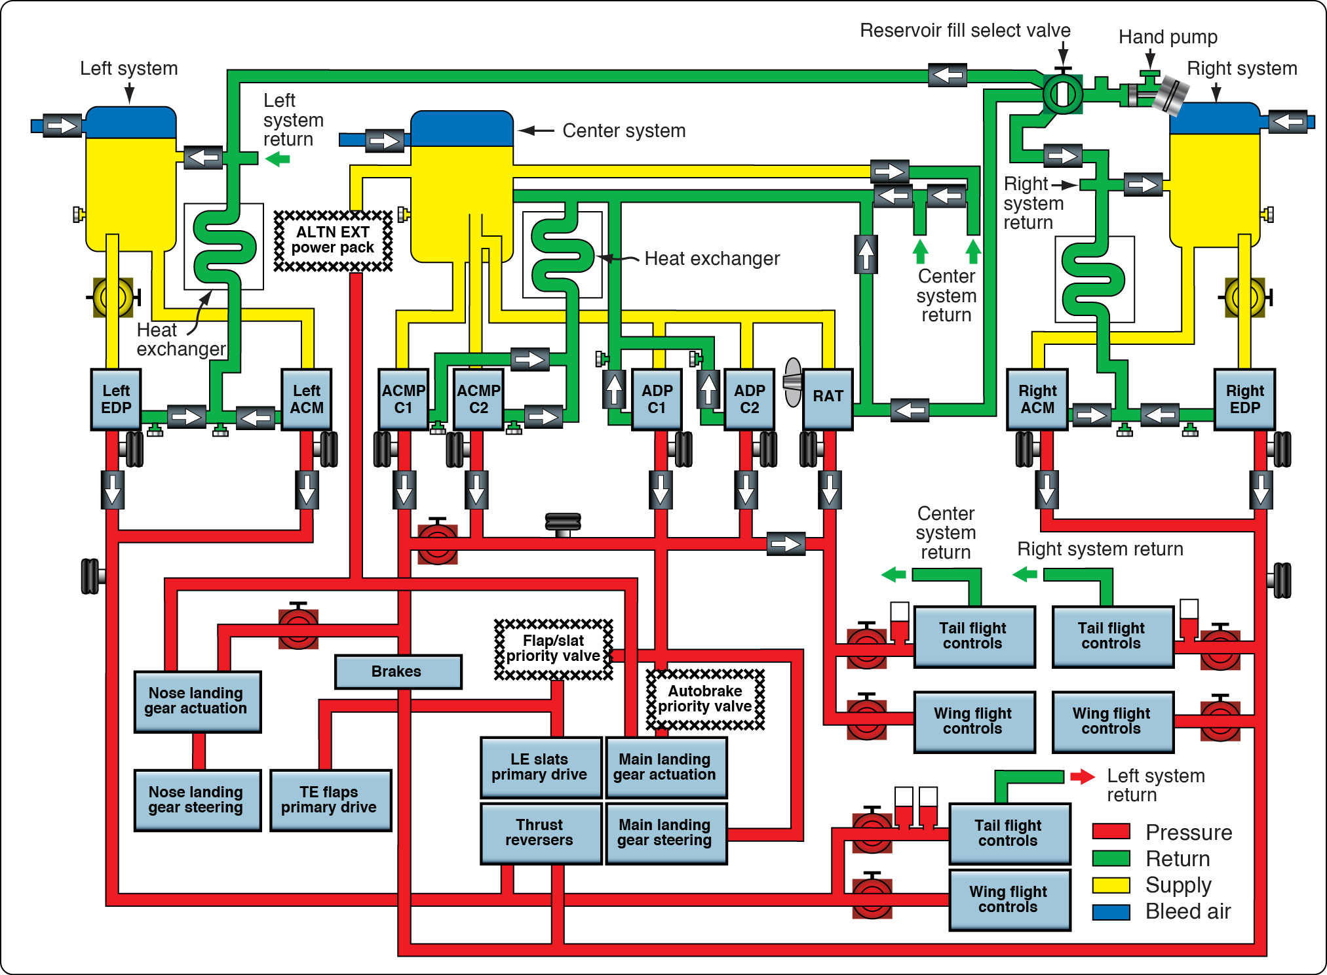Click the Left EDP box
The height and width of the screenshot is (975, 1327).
click(x=116, y=399)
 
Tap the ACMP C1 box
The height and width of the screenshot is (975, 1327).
click(x=403, y=399)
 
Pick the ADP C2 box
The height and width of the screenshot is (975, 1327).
click(x=749, y=399)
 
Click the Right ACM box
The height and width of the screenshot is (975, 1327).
click(x=1037, y=399)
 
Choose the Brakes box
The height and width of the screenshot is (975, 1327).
click(x=397, y=671)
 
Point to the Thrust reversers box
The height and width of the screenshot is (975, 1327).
click(x=539, y=833)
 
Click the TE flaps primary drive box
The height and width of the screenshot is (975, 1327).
click(x=330, y=800)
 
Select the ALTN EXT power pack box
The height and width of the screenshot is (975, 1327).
click(x=333, y=240)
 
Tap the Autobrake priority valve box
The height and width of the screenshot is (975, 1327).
click(x=705, y=699)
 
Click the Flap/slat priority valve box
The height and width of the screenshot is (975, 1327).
click(x=553, y=648)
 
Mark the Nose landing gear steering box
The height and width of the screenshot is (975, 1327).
click(x=197, y=800)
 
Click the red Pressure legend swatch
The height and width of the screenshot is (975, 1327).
click(x=1111, y=831)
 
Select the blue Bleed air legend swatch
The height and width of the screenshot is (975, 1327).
click(x=1111, y=911)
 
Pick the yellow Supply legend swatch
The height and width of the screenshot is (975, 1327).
click(x=1111, y=885)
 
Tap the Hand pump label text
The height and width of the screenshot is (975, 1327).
click(x=1167, y=37)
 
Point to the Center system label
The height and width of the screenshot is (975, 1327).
click(x=623, y=131)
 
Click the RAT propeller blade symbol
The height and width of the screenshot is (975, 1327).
click(x=793, y=382)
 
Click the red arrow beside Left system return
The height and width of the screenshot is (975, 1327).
click(x=1082, y=777)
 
